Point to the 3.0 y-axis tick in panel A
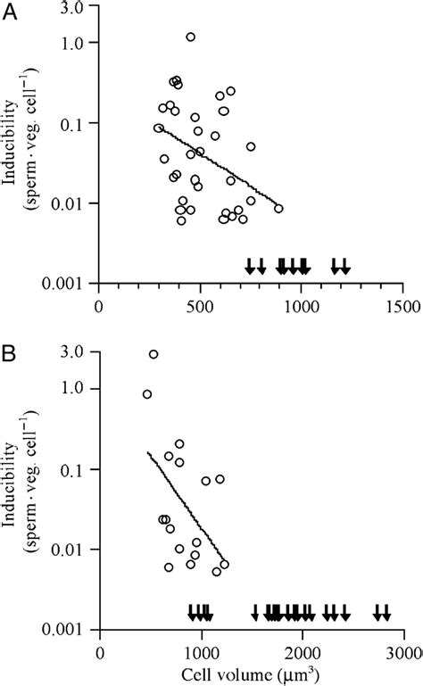point(75,7)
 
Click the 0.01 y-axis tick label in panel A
point(71,203)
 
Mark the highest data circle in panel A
point(190,37)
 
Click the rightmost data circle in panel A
point(278,208)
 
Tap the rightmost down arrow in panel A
point(346,266)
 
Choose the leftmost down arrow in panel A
point(250,266)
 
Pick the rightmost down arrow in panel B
point(387,612)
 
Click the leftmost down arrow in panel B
point(191,612)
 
